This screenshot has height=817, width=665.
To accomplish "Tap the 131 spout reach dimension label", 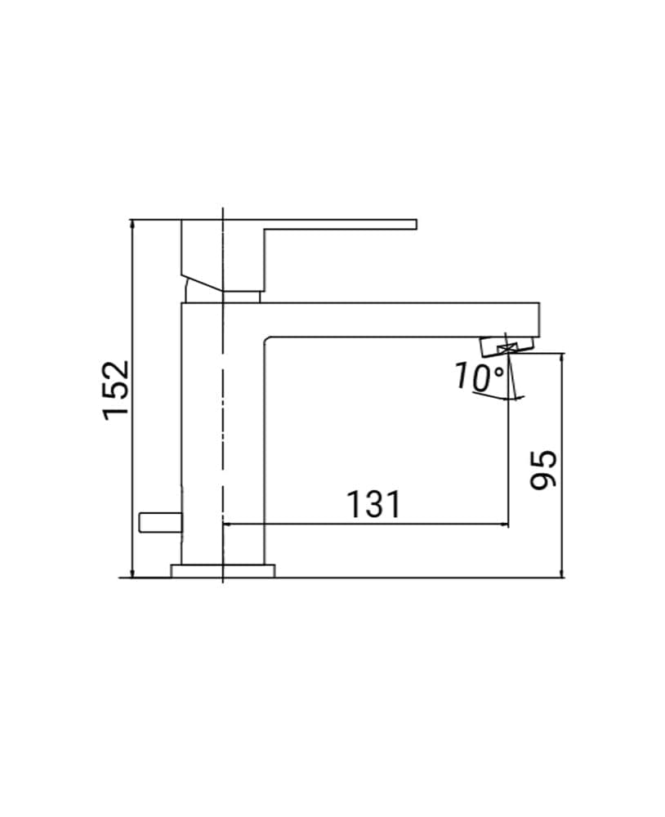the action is tap(373, 504).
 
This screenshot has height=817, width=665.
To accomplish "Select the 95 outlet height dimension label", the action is tap(543, 470).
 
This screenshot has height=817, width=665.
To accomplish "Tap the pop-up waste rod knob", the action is tap(160, 523).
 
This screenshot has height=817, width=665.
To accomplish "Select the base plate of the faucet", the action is tap(223, 570).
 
